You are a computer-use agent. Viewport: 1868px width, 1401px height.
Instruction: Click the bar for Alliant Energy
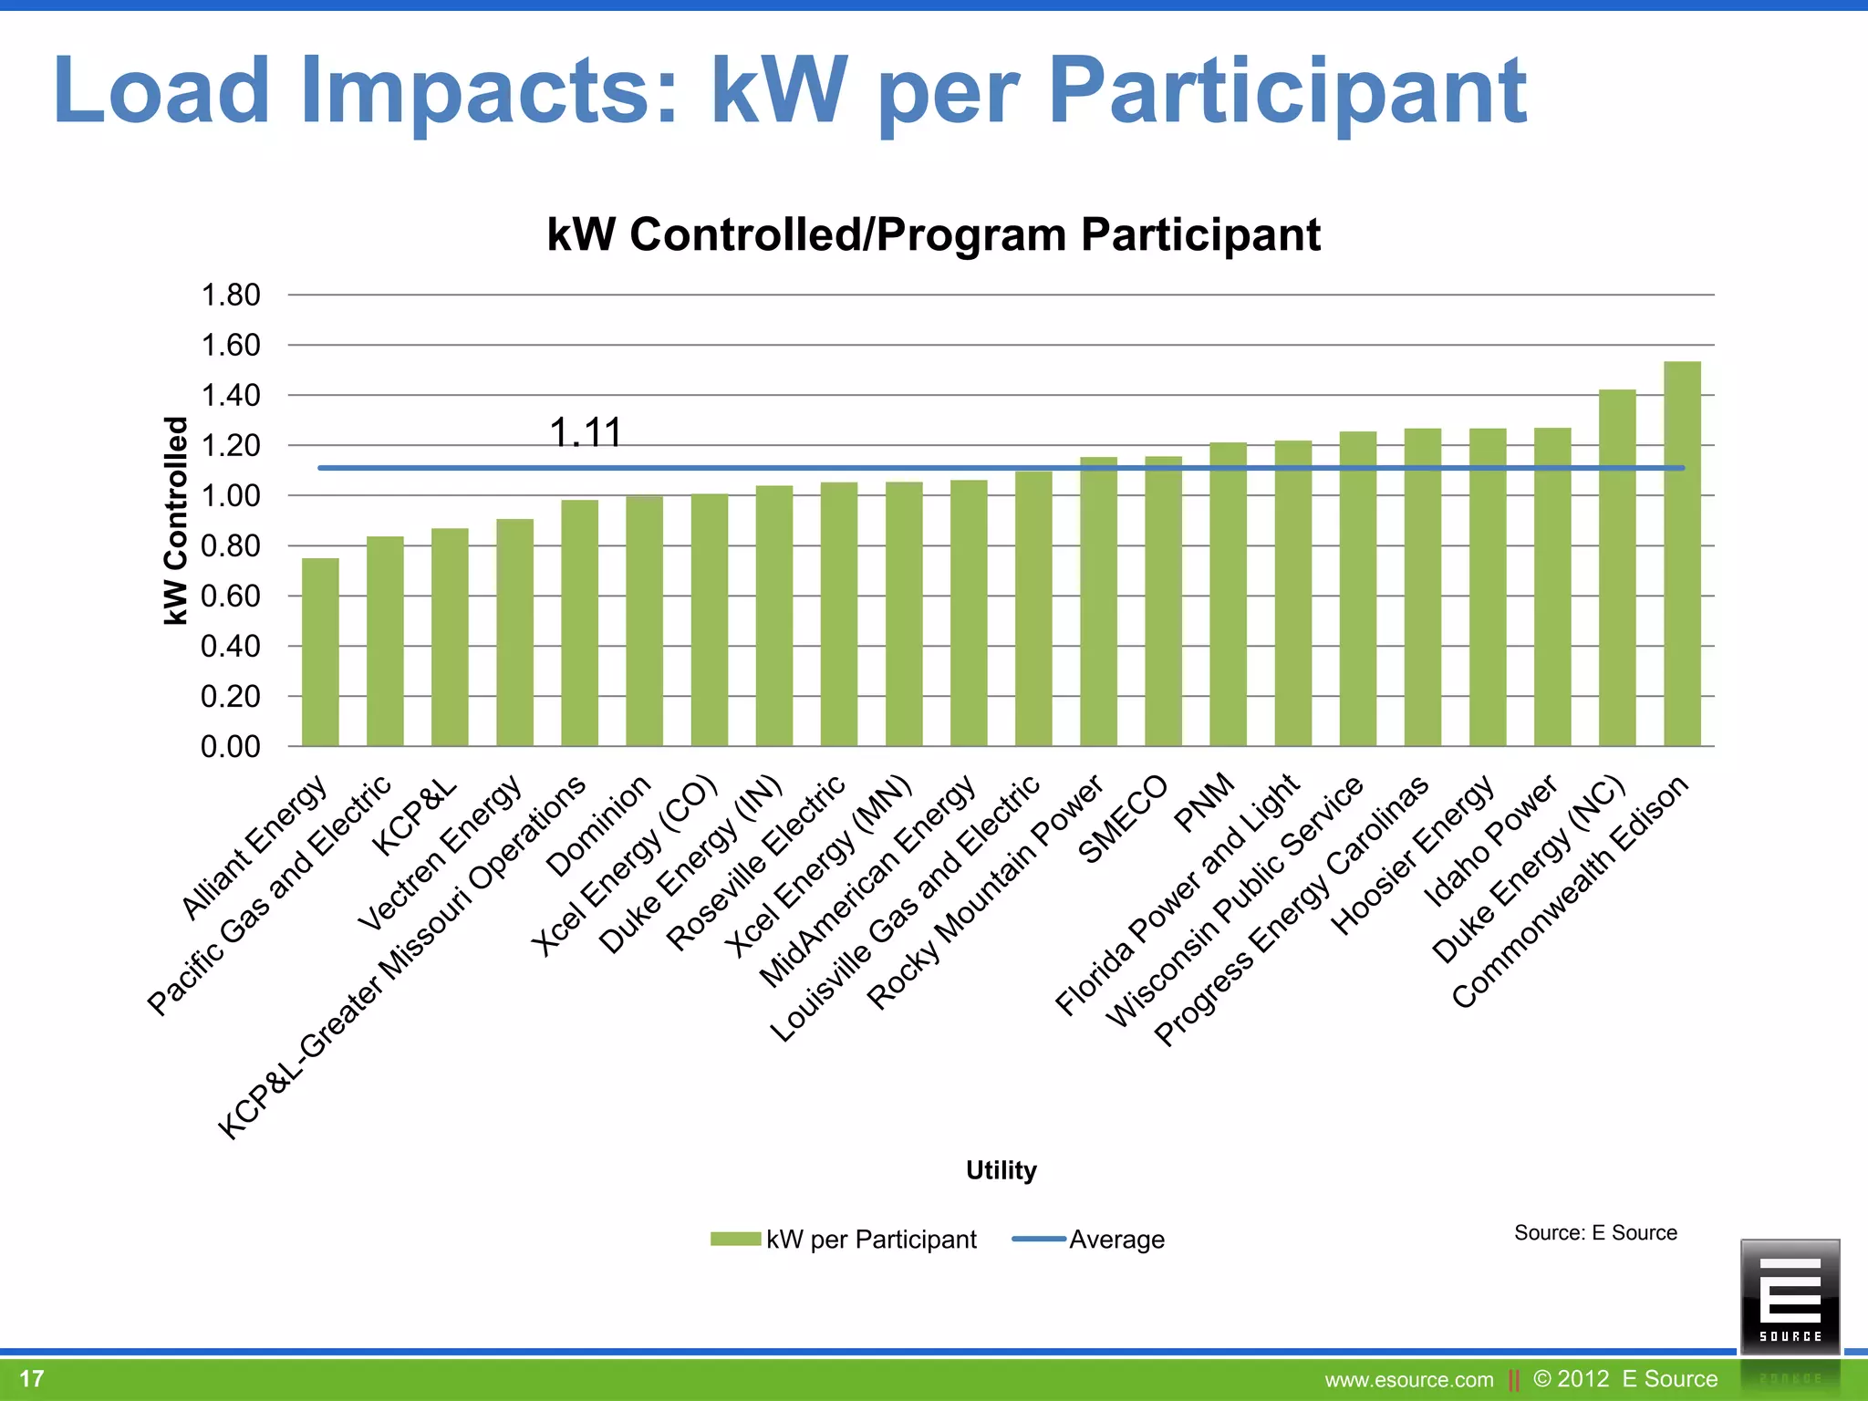(320, 652)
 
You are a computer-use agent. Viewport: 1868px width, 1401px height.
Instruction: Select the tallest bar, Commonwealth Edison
(1682, 554)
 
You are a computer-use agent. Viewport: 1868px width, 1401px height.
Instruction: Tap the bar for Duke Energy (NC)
(1617, 567)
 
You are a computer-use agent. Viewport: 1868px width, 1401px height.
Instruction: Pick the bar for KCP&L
(450, 637)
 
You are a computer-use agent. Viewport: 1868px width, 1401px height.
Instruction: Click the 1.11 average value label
(586, 432)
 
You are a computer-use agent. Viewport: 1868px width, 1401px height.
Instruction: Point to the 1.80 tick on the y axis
(231, 295)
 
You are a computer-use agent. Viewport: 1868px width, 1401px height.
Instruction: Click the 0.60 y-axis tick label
(231, 597)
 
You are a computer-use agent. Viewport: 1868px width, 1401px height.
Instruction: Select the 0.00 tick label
(231, 747)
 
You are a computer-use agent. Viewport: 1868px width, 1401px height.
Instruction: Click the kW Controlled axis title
(175, 521)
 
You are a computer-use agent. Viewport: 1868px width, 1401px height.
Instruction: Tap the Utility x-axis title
(1001, 1170)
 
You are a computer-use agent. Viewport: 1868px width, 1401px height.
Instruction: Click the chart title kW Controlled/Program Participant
(933, 234)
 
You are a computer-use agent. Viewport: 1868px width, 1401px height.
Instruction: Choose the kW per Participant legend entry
(844, 1240)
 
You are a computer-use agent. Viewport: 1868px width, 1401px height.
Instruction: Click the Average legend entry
(1089, 1240)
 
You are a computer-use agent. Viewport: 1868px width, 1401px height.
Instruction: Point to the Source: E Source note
(1595, 1233)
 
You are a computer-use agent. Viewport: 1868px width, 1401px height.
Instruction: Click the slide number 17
(32, 1378)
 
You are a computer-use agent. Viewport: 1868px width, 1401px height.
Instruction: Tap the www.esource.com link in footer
(1408, 1380)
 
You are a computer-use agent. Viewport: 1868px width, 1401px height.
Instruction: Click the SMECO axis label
(1123, 819)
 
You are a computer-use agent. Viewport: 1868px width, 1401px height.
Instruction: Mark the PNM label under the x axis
(1204, 804)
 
